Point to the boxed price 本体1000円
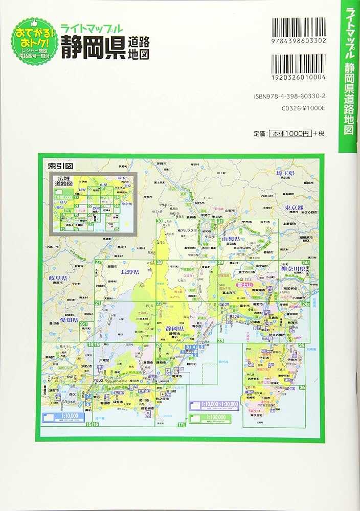point(289,133)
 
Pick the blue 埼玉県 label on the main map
point(284,174)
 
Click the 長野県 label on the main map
point(129,272)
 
